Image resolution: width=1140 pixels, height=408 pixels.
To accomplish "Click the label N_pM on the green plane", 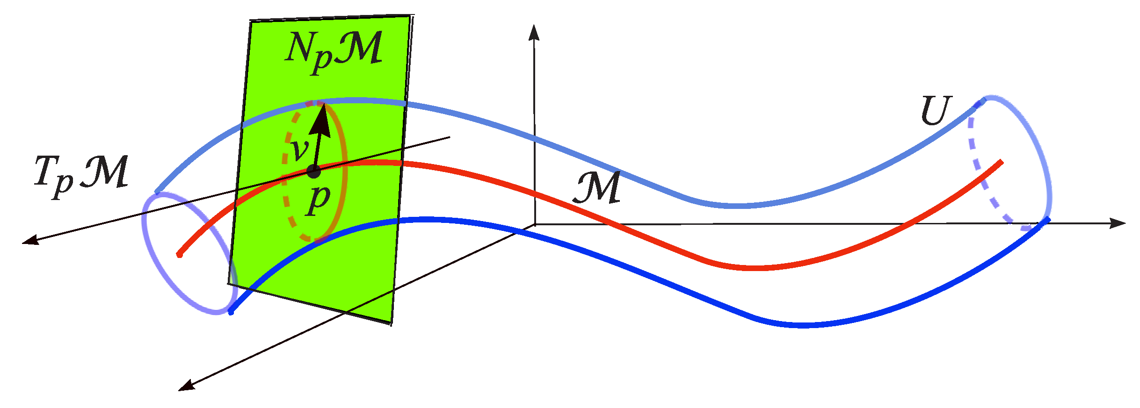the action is pos(334,50).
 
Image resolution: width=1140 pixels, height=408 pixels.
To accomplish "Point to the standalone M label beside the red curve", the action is pos(597,187).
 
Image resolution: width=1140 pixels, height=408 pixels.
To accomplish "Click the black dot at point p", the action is pos(313,171).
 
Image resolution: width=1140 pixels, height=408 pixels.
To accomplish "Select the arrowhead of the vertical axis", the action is pos(533,32).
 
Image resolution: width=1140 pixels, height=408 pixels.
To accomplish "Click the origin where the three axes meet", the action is pos(535,225).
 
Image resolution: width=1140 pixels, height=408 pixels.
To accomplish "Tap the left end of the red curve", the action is pos(179,255).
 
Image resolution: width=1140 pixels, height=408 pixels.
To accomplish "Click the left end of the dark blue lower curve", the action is pos(231,312).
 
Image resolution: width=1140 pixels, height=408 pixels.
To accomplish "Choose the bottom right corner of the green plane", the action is pos(391,322).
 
